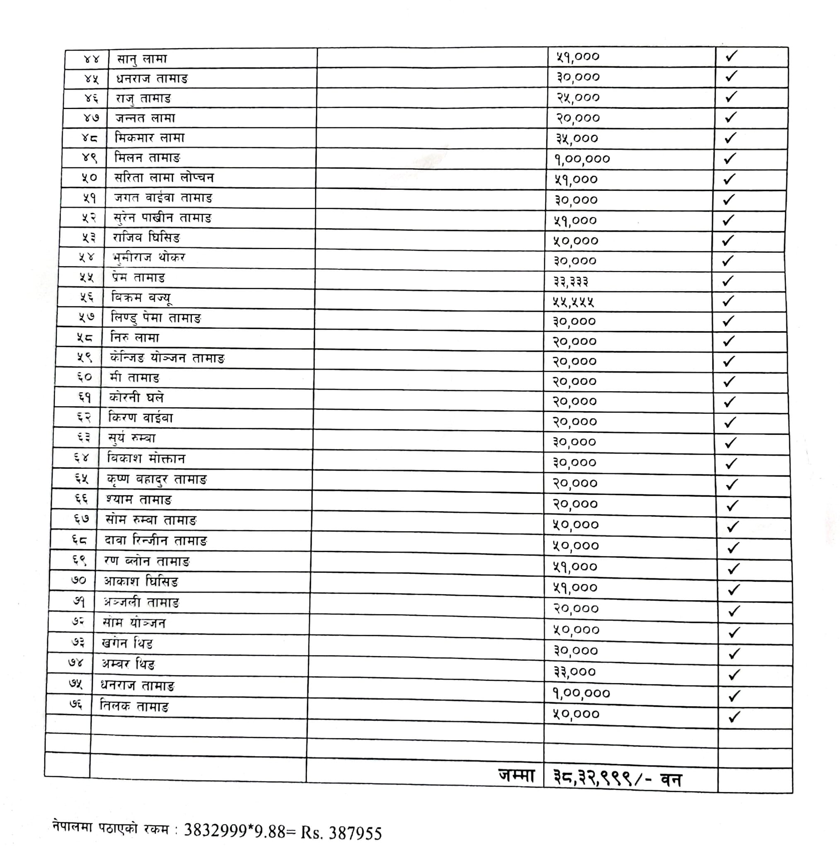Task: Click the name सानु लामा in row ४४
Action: [x=142, y=59]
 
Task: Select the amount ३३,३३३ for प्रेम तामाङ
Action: [x=571, y=281]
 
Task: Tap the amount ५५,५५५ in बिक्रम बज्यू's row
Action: [x=573, y=301]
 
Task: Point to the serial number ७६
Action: [x=75, y=704]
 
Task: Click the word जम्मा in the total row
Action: [x=517, y=776]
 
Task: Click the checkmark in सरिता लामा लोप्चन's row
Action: [x=729, y=179]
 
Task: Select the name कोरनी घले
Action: [x=136, y=398]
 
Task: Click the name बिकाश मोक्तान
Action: [x=146, y=459]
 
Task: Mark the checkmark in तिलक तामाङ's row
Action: [x=733, y=717]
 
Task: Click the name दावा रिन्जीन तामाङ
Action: [x=155, y=541]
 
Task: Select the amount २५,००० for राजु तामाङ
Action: [x=578, y=97]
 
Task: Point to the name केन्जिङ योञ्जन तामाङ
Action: [x=167, y=359]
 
